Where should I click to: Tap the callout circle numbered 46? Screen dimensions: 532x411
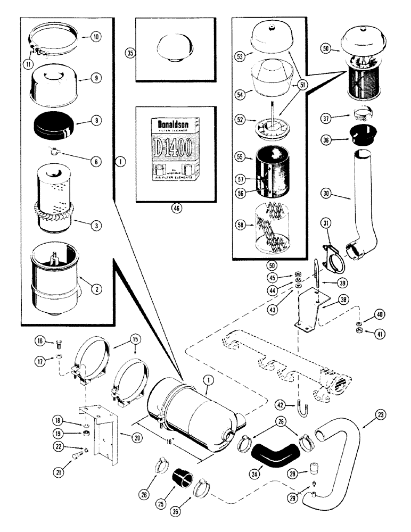coord(176,209)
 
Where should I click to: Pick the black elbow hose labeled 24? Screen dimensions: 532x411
coord(277,453)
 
